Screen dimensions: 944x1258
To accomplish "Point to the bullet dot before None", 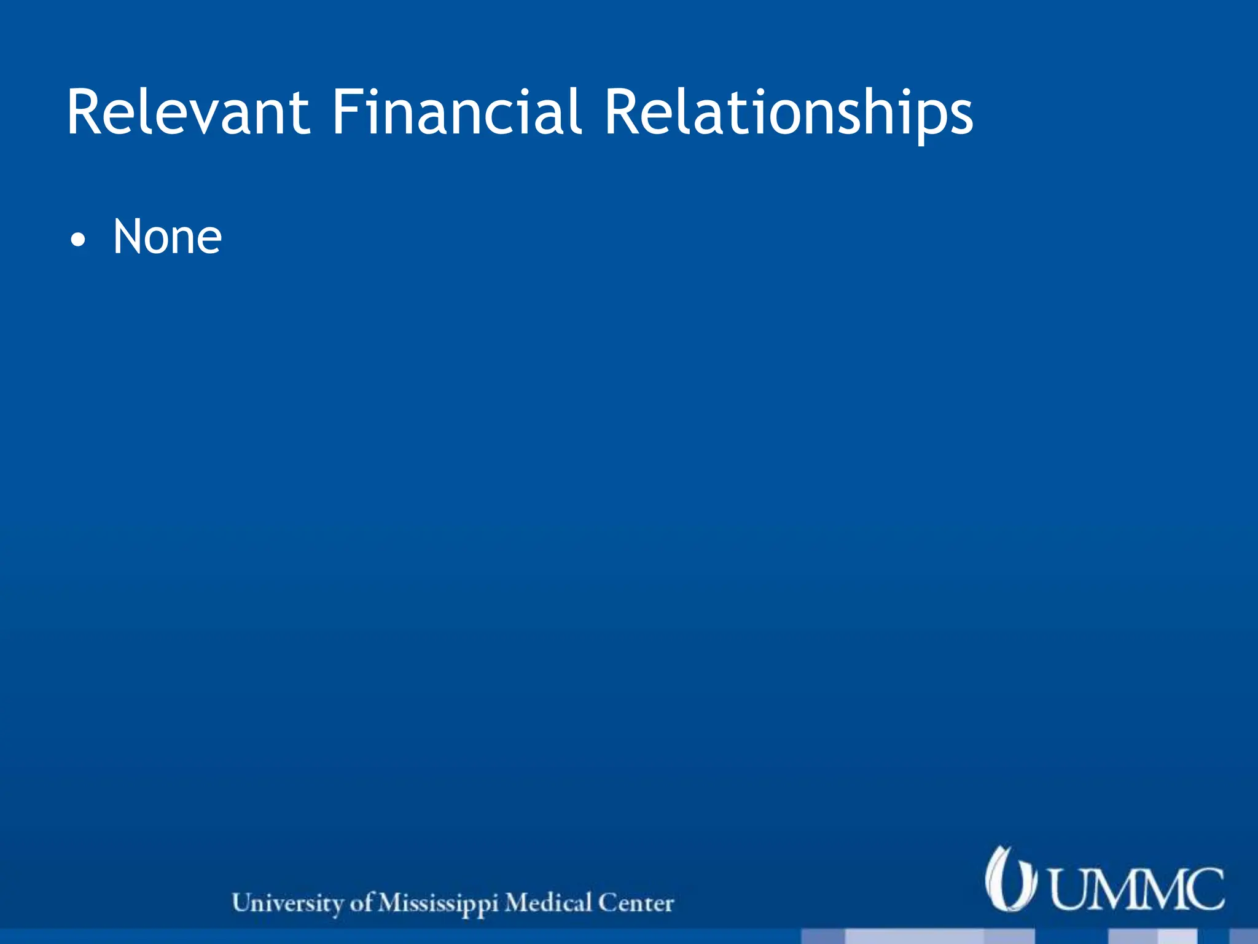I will [x=77, y=240].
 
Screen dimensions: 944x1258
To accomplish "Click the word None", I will [x=167, y=237].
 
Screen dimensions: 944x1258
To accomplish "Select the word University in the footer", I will [x=287, y=903].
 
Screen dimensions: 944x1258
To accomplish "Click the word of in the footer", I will [x=361, y=903].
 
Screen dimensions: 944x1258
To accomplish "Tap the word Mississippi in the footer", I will [x=437, y=903].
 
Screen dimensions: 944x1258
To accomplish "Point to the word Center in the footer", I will [x=636, y=903].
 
